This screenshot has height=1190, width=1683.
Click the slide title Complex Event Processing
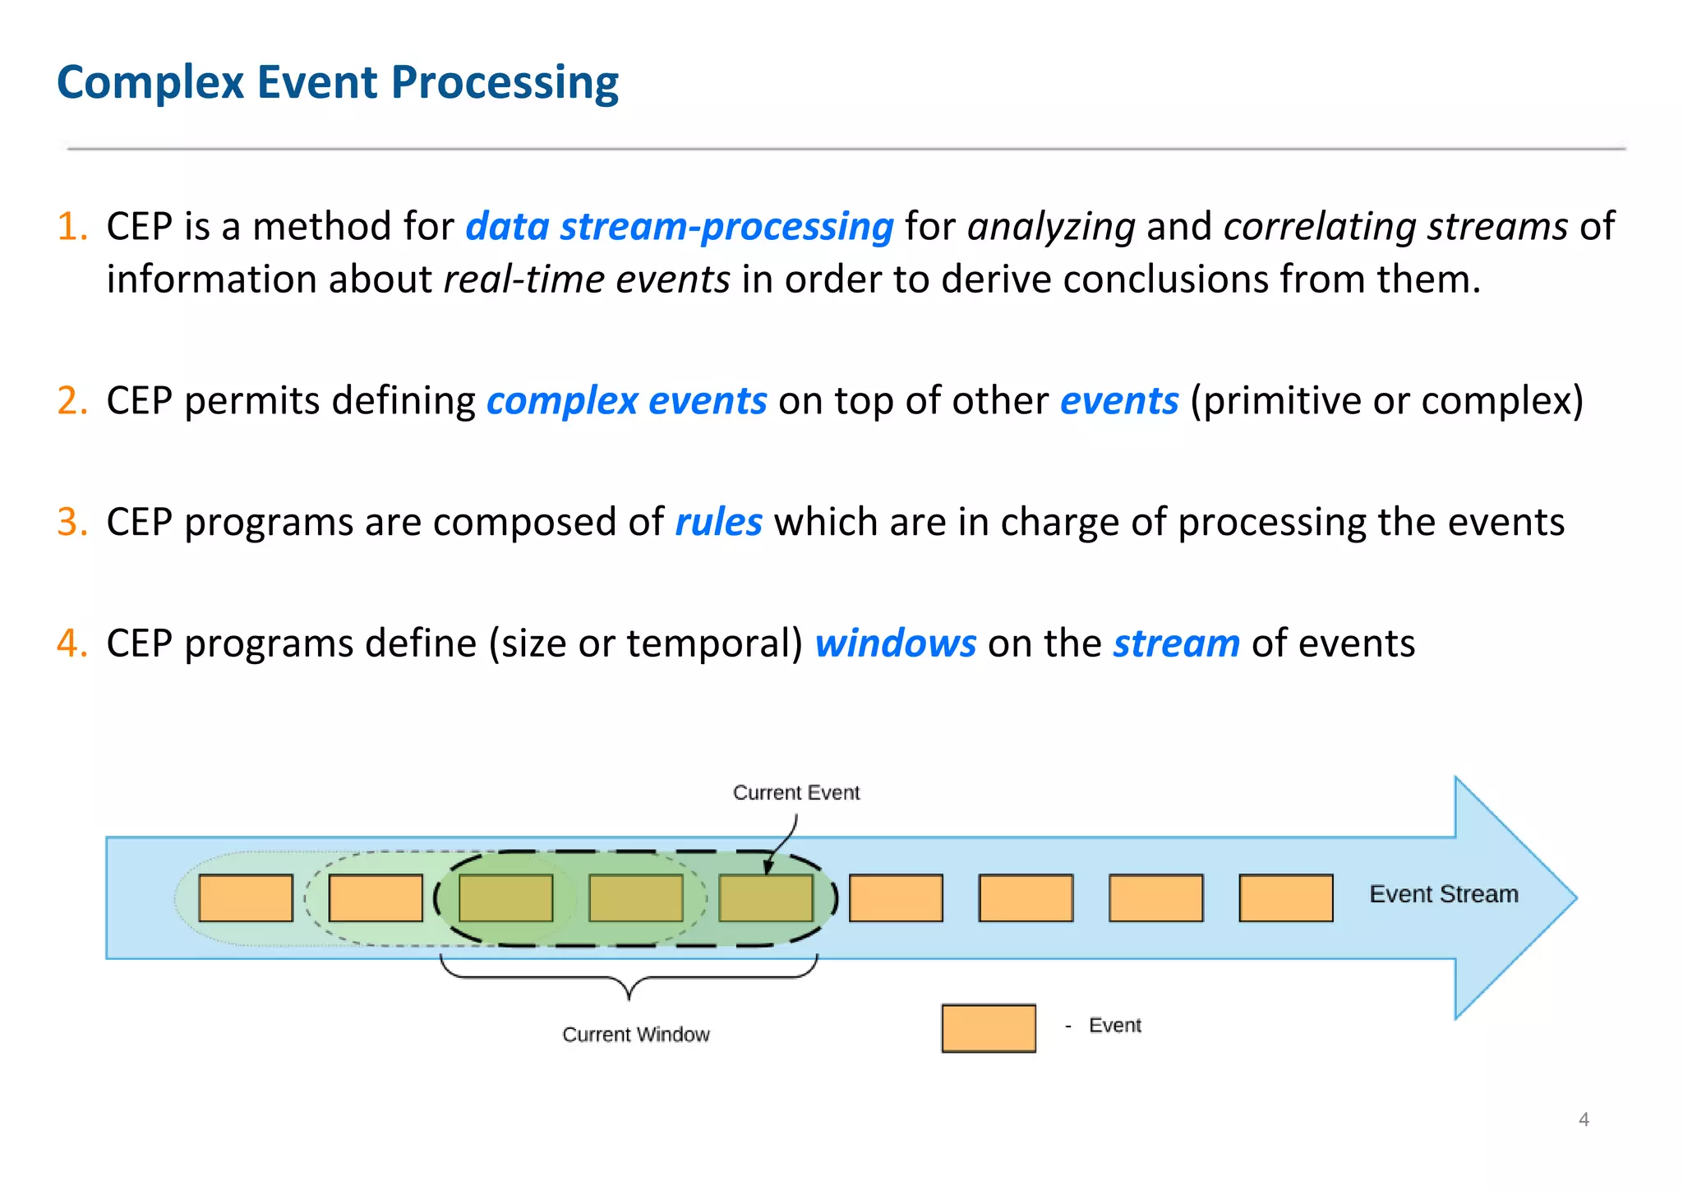pos(337,82)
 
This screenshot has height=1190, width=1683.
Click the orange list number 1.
pos(71,226)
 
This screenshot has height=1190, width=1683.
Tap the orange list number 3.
pos(71,522)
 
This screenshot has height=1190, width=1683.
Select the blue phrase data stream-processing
pos(679,226)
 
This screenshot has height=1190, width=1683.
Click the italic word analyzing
pos(1051,226)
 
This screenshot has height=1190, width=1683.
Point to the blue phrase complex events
pos(626,401)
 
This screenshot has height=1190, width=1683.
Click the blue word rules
pos(718,522)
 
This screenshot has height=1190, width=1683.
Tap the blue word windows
pos(895,643)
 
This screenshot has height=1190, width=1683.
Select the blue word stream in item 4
pos(1176,643)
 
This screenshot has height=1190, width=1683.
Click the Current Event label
pos(795,792)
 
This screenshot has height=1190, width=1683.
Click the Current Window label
pos(635,1034)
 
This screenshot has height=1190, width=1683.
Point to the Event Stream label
pos(1443,894)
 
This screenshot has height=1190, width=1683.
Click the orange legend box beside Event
pos(988,1027)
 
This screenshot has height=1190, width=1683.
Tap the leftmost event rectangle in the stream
pos(246,897)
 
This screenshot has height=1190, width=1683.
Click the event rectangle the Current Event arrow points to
pos(765,897)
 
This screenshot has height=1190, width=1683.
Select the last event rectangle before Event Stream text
pos(1285,897)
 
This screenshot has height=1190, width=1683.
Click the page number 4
pos(1583,1119)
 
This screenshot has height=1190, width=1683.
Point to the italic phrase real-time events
pos(587,279)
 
